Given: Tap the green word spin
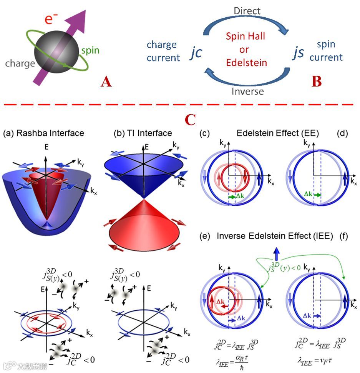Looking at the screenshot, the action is (x=91, y=51).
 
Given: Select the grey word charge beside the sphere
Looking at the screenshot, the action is (x=20, y=63).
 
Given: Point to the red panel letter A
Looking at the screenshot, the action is (x=106, y=82).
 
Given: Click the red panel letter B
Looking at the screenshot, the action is (x=317, y=82).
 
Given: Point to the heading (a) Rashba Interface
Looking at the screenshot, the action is (x=43, y=133).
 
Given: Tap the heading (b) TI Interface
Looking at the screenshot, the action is (x=143, y=133).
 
